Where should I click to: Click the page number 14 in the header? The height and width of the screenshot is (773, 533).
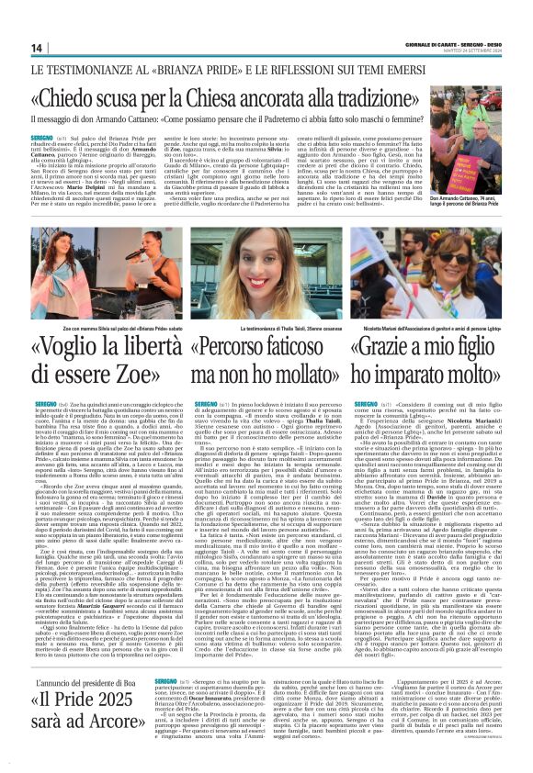37,48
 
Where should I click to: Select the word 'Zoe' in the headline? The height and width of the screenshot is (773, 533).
137,375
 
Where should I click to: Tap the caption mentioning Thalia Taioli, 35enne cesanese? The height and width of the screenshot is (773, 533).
265,328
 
